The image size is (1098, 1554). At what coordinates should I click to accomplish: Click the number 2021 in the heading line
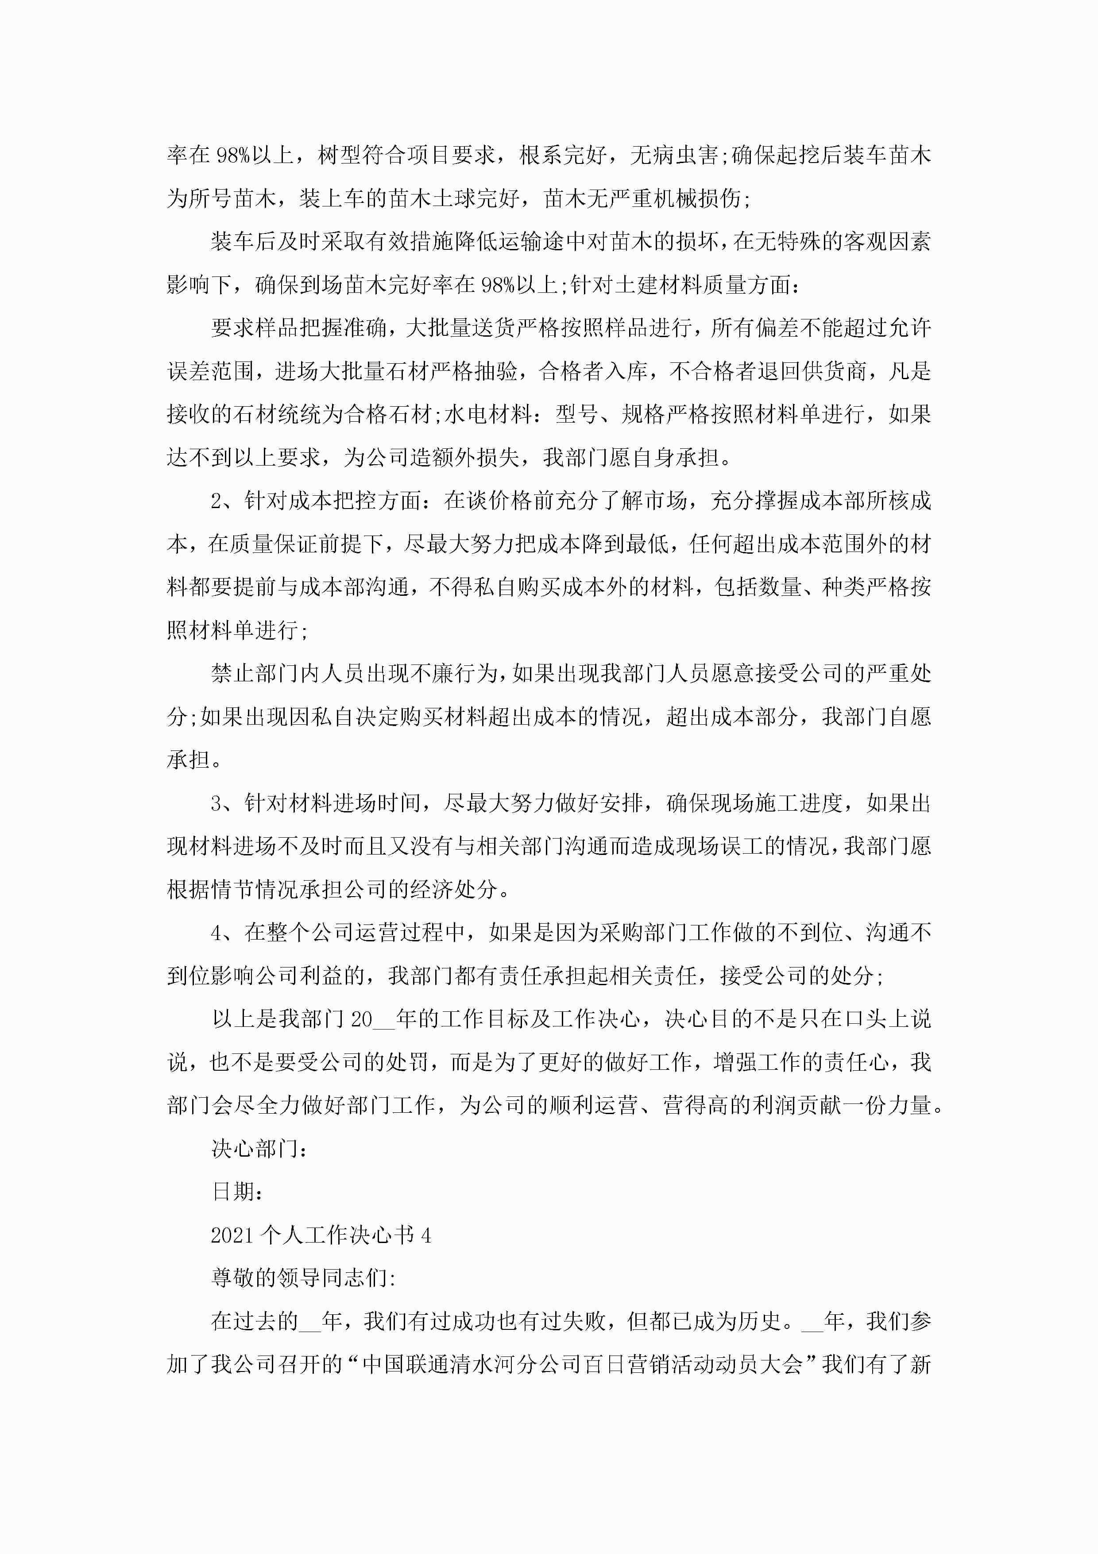(233, 1235)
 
